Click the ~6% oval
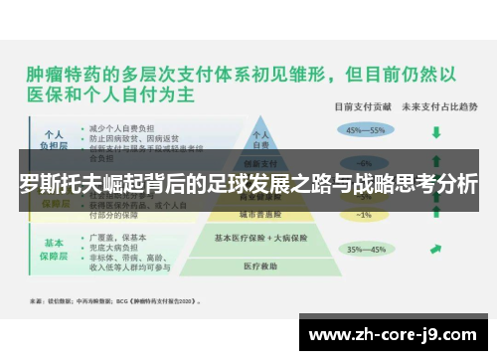click(365, 163)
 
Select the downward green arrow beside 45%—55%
click(435, 130)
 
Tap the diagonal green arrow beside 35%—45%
click(435, 250)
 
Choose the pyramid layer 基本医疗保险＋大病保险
click(260, 238)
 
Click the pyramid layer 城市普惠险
click(260, 213)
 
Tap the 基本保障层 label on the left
click(54, 248)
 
